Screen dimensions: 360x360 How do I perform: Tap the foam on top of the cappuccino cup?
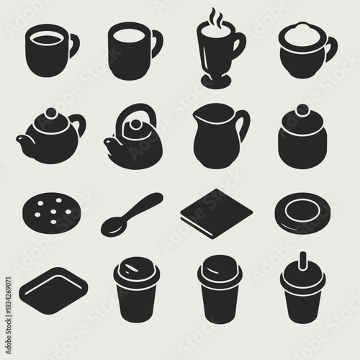(x=302, y=33)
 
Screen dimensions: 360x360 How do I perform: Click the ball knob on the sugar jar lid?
(x=302, y=110)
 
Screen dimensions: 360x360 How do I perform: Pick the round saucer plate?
(x=302, y=213)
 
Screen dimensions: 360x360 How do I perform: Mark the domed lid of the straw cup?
(x=302, y=274)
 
